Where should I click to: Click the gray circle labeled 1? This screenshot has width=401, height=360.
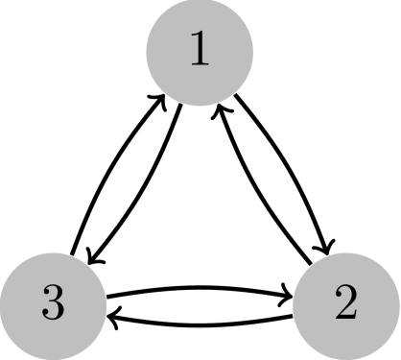pos(200,52)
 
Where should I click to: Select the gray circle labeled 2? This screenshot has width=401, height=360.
pos(346,305)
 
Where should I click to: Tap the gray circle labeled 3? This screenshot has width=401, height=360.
pos(53,305)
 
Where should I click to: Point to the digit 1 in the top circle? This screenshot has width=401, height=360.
pos(200,51)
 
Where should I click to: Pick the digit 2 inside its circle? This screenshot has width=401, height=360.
pos(346,304)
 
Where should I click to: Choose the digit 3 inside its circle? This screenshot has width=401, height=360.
pos(53,304)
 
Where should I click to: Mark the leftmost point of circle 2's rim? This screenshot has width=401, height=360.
pos(293,305)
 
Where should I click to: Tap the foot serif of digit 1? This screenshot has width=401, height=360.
pos(200,65)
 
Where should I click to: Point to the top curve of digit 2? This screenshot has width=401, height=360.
pos(346,290)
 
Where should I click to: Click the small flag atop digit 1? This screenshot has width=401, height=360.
pos(194,38)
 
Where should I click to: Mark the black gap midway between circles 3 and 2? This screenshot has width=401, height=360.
pos(200,305)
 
